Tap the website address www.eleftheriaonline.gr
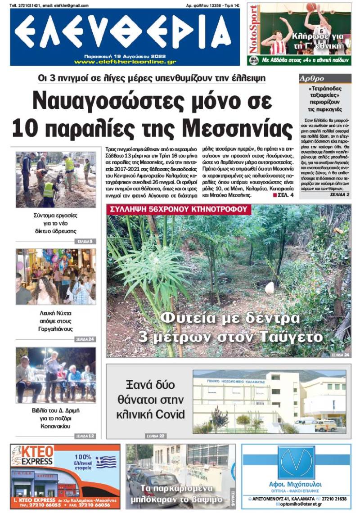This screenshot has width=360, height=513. click(125, 62)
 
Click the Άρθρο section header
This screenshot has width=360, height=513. click(312, 78)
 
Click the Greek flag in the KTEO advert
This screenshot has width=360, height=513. click(106, 462)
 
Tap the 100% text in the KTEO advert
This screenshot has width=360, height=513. click(83, 455)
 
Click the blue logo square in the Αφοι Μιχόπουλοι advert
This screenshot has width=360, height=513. click(296, 462)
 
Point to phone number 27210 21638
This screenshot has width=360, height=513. click(334, 499)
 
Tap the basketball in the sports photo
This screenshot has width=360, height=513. click(311, 7)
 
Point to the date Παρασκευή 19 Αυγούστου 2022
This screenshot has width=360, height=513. click(125, 55)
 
